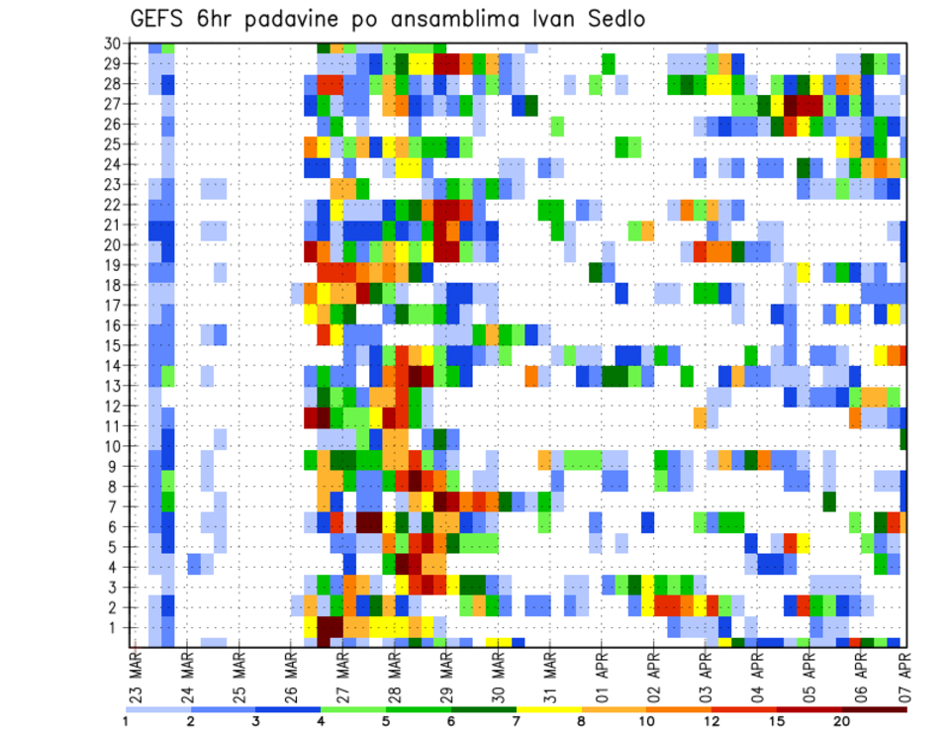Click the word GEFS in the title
click(160, 20)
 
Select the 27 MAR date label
click(341, 673)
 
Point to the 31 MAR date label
click(548, 673)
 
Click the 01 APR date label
click(600, 673)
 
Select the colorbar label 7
click(517, 721)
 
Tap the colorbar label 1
click(126, 721)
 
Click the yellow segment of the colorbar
click(549, 709)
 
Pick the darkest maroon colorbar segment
click(875, 709)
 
